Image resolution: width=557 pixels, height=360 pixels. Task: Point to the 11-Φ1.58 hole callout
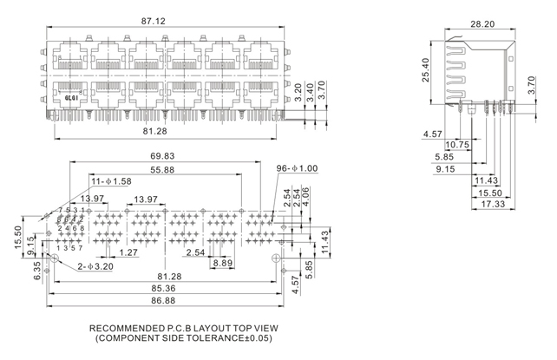coord(112,182)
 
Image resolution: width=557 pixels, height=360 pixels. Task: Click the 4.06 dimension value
coord(309,195)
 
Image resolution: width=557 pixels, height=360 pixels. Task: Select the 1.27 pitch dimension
coord(128,253)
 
